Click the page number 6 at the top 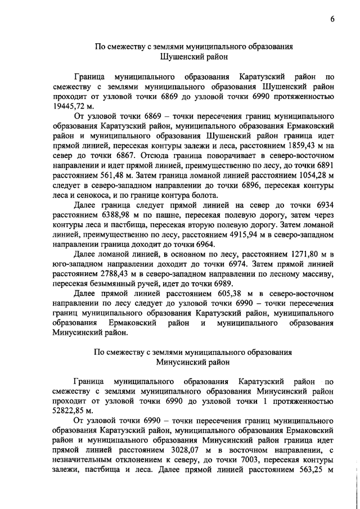pos(332,19)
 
